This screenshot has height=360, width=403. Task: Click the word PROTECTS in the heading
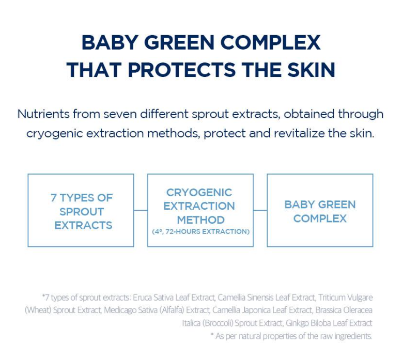[182, 70]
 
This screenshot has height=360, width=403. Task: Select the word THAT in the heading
[94, 70]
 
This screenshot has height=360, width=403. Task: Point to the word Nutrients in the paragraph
[43, 114]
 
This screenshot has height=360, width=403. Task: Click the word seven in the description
[120, 114]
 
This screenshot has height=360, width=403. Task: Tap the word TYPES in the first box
[77, 198]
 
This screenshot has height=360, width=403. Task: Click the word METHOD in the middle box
[201, 220]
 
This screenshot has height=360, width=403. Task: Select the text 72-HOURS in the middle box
[183, 231]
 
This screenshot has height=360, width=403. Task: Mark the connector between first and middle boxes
[141, 210]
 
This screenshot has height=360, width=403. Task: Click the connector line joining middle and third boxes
[260, 210]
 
